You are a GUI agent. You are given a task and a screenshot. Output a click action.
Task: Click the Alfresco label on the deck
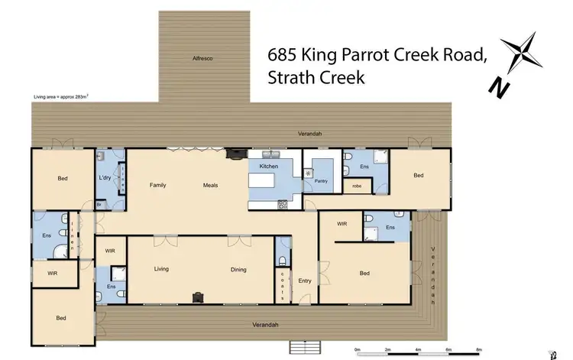click(x=202, y=58)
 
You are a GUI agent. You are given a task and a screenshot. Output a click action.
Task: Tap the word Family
click(x=158, y=185)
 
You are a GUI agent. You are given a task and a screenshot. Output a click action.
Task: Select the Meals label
click(x=211, y=185)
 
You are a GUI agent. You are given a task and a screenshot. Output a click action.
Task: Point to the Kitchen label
click(x=268, y=166)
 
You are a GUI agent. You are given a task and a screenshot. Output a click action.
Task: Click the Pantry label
click(x=321, y=181)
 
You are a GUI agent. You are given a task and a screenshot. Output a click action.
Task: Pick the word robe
click(x=357, y=186)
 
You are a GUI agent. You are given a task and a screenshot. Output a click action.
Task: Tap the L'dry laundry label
click(x=105, y=178)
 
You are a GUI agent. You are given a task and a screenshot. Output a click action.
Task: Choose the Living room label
click(x=161, y=269)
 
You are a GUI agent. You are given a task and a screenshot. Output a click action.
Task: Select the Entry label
click(x=305, y=281)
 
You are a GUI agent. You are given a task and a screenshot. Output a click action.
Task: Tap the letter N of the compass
click(x=501, y=89)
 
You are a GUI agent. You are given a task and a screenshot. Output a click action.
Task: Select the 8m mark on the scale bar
click(x=479, y=349)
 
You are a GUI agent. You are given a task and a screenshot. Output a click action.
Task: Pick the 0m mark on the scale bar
click(x=358, y=349)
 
